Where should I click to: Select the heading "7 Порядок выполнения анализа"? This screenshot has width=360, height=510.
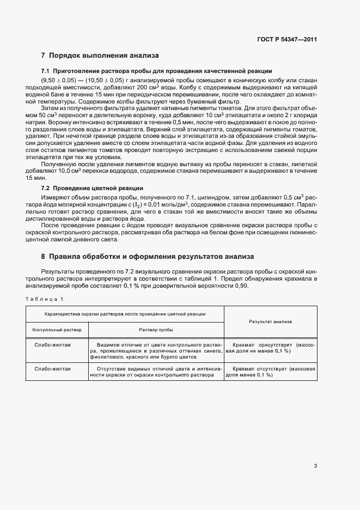tap(100, 56)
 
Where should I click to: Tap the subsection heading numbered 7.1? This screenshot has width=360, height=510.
tap(157, 71)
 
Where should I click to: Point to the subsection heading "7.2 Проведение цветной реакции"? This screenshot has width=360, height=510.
tap(92, 187)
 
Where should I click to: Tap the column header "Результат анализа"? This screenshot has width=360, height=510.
tap(270, 321)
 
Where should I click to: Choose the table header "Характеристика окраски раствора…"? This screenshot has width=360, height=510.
tap(125, 314)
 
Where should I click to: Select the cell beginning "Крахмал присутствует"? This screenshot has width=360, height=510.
tap(270, 348)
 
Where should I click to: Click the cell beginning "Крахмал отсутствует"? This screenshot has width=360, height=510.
tap(270, 372)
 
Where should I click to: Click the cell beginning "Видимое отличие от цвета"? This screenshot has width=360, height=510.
tap(156, 351)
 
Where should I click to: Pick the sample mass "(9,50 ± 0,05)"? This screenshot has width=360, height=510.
tap(60, 80)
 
